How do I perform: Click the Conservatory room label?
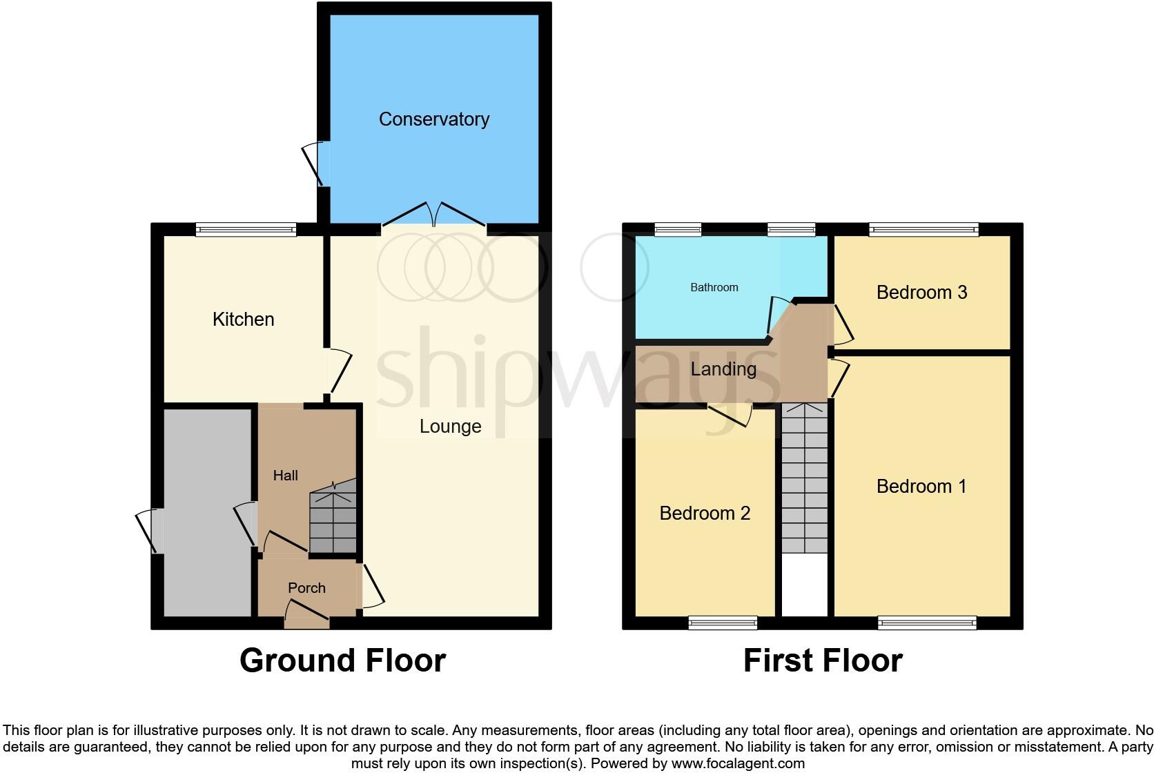tap(433, 119)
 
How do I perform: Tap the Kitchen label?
tap(243, 320)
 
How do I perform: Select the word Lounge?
tap(450, 427)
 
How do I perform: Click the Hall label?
tap(285, 476)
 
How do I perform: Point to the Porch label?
tap(306, 588)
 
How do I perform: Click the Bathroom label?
tap(714, 288)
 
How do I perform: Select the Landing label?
tap(723, 369)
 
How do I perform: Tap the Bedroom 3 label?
tap(921, 293)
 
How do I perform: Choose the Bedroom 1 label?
tap(921, 487)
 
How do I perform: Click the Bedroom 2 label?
tap(705, 513)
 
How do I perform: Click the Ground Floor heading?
tap(342, 661)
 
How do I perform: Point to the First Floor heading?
tap(823, 661)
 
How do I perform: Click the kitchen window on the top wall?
tap(246, 229)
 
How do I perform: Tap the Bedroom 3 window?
tap(923, 229)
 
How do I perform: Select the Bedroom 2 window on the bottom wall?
tap(723, 623)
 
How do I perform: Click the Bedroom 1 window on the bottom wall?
tap(927, 623)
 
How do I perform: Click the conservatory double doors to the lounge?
tap(434, 216)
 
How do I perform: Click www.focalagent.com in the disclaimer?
tap(738, 764)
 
